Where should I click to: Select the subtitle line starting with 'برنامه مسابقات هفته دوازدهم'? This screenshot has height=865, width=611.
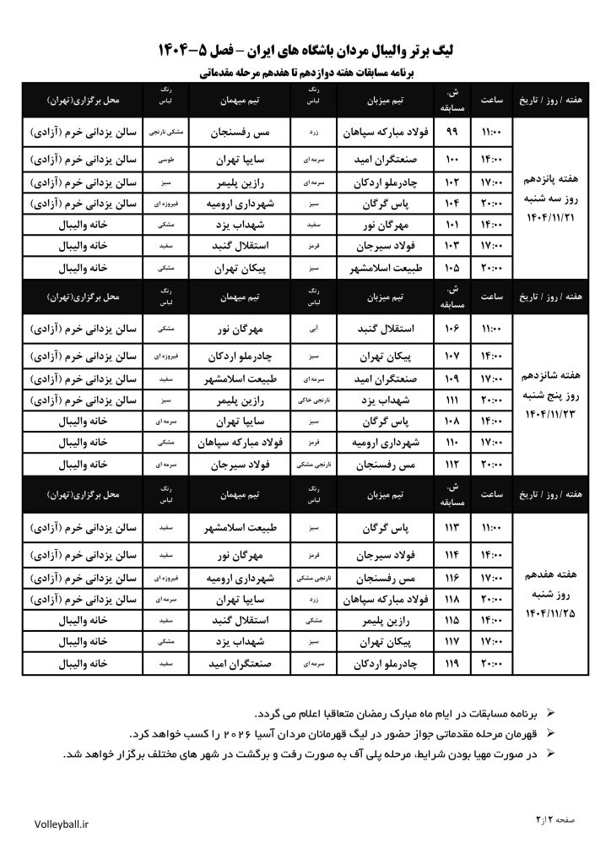[305, 73]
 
